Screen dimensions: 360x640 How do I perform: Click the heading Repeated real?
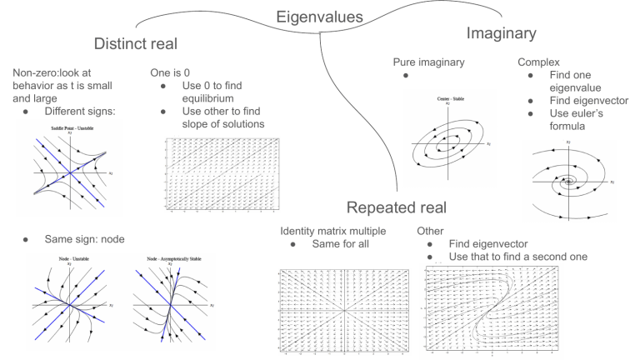(x=398, y=206)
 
